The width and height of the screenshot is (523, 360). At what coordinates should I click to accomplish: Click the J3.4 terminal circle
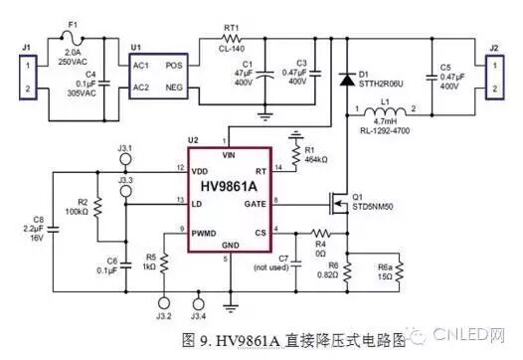pos(197,304)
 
